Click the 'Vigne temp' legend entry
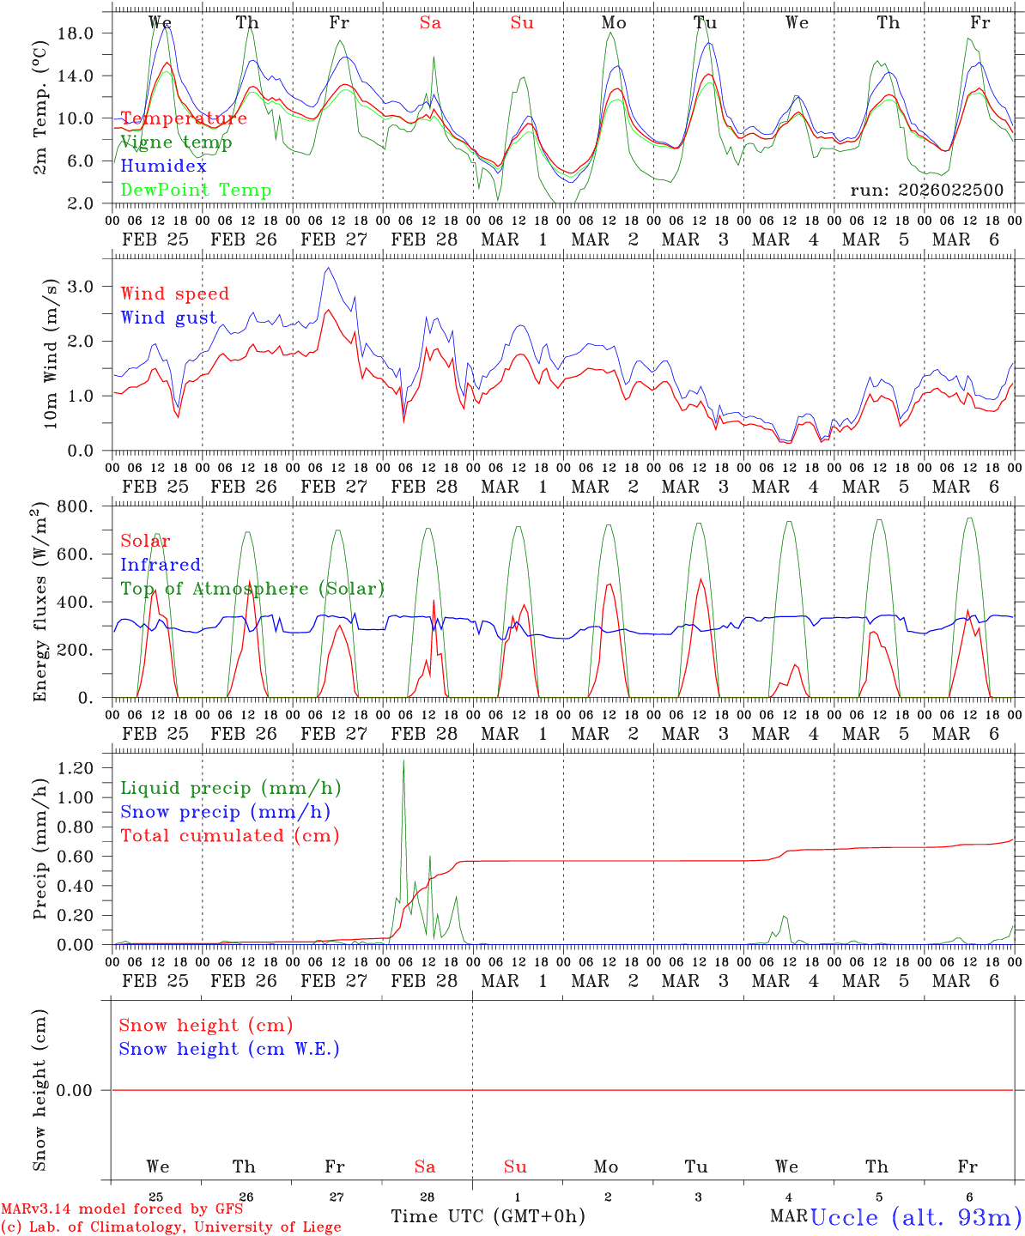point(176,142)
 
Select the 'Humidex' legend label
point(163,167)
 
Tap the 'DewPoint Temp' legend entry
point(196,191)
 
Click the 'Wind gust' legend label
point(168,318)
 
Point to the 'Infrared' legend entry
point(161,565)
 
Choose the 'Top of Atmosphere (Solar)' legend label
point(252,589)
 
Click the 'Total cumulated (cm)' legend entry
point(230,836)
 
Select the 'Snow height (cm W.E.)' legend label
point(229,1049)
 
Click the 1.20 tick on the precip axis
point(78,768)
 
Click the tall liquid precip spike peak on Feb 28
point(403,760)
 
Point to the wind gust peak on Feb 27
point(327,269)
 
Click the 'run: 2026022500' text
point(926,191)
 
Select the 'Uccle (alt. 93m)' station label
point(916,1217)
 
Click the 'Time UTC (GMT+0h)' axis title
point(488,1216)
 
